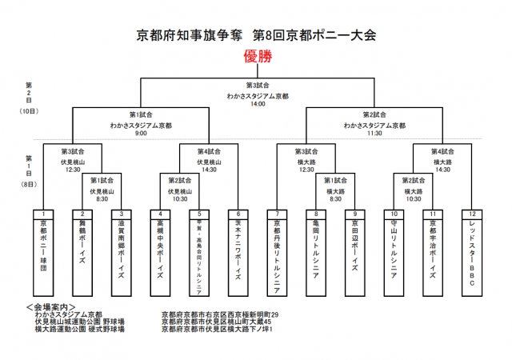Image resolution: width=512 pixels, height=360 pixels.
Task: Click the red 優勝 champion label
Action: pos(256,58)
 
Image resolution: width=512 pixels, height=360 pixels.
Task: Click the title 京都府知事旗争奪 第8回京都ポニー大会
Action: pos(256,35)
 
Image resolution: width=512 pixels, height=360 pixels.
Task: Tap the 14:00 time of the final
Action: pos(256,104)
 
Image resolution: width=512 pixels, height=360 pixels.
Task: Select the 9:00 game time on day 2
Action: pos(140,134)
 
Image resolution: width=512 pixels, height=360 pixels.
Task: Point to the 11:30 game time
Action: pos(374,134)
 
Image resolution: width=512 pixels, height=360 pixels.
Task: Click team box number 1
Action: pos(43,214)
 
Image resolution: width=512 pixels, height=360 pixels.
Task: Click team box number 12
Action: pos(471,214)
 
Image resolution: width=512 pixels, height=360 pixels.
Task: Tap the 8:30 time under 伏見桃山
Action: pos(101,198)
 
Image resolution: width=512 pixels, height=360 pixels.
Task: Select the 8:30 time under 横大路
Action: pos(334,198)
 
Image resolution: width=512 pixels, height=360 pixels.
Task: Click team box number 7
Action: pos(277,214)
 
